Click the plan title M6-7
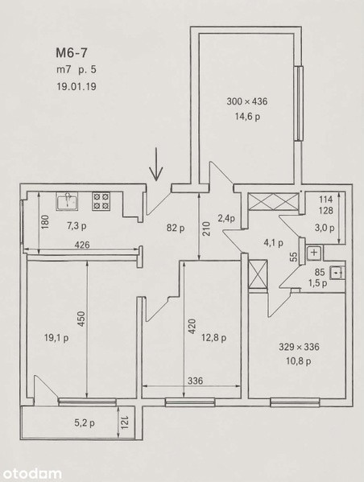72,53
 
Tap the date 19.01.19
77,86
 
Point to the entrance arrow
156,164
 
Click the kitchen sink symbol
67,201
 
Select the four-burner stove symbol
101,201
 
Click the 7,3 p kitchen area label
77,226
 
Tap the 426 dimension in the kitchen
82,245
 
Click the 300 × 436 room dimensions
247,101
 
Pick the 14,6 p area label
247,117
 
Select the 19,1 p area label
56,338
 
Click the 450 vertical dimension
81,319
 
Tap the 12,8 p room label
214,338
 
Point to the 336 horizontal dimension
196,381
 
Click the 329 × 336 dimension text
299,347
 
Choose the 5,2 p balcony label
85,423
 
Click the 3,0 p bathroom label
325,228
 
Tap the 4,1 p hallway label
274,243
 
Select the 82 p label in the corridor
176,228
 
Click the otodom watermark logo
31,473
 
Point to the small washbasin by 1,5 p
337,273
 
